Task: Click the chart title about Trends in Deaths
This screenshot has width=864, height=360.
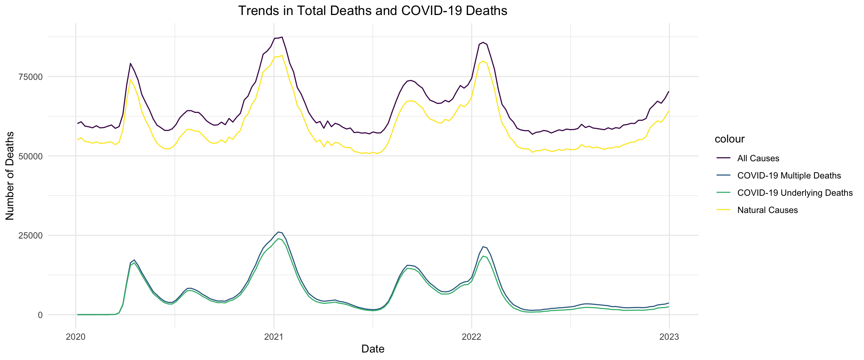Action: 372,11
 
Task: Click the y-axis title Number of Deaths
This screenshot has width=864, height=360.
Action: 10,175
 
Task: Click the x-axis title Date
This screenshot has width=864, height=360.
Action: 373,349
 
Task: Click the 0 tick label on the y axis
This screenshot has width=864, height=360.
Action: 40,315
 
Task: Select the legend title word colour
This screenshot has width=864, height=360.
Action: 729,139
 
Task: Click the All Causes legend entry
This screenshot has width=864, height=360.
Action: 758,158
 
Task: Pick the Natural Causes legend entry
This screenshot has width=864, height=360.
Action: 767,210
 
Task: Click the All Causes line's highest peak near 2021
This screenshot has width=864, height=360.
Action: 282,37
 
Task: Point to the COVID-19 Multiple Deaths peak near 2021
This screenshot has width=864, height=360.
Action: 278,232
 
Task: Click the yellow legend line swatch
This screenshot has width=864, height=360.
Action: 723,210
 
